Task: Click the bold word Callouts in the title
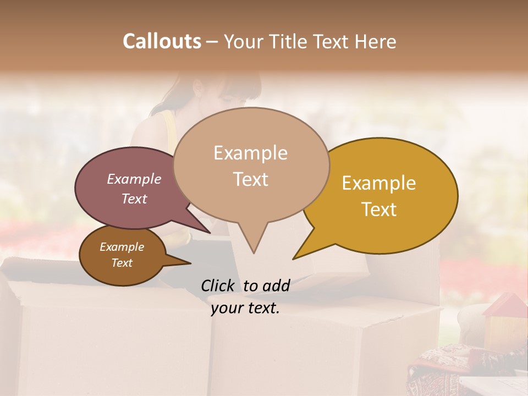[162, 41]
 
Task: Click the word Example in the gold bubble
[379, 183]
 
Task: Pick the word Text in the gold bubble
[380, 210]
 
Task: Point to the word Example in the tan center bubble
[250, 153]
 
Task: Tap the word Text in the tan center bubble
[251, 179]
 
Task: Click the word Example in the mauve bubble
[134, 179]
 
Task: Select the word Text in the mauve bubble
[134, 199]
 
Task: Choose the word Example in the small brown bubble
[122, 247]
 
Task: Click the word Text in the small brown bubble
[122, 263]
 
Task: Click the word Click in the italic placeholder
[219, 285]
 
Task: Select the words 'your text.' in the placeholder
[245, 308]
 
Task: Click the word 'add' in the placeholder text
[276, 285]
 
